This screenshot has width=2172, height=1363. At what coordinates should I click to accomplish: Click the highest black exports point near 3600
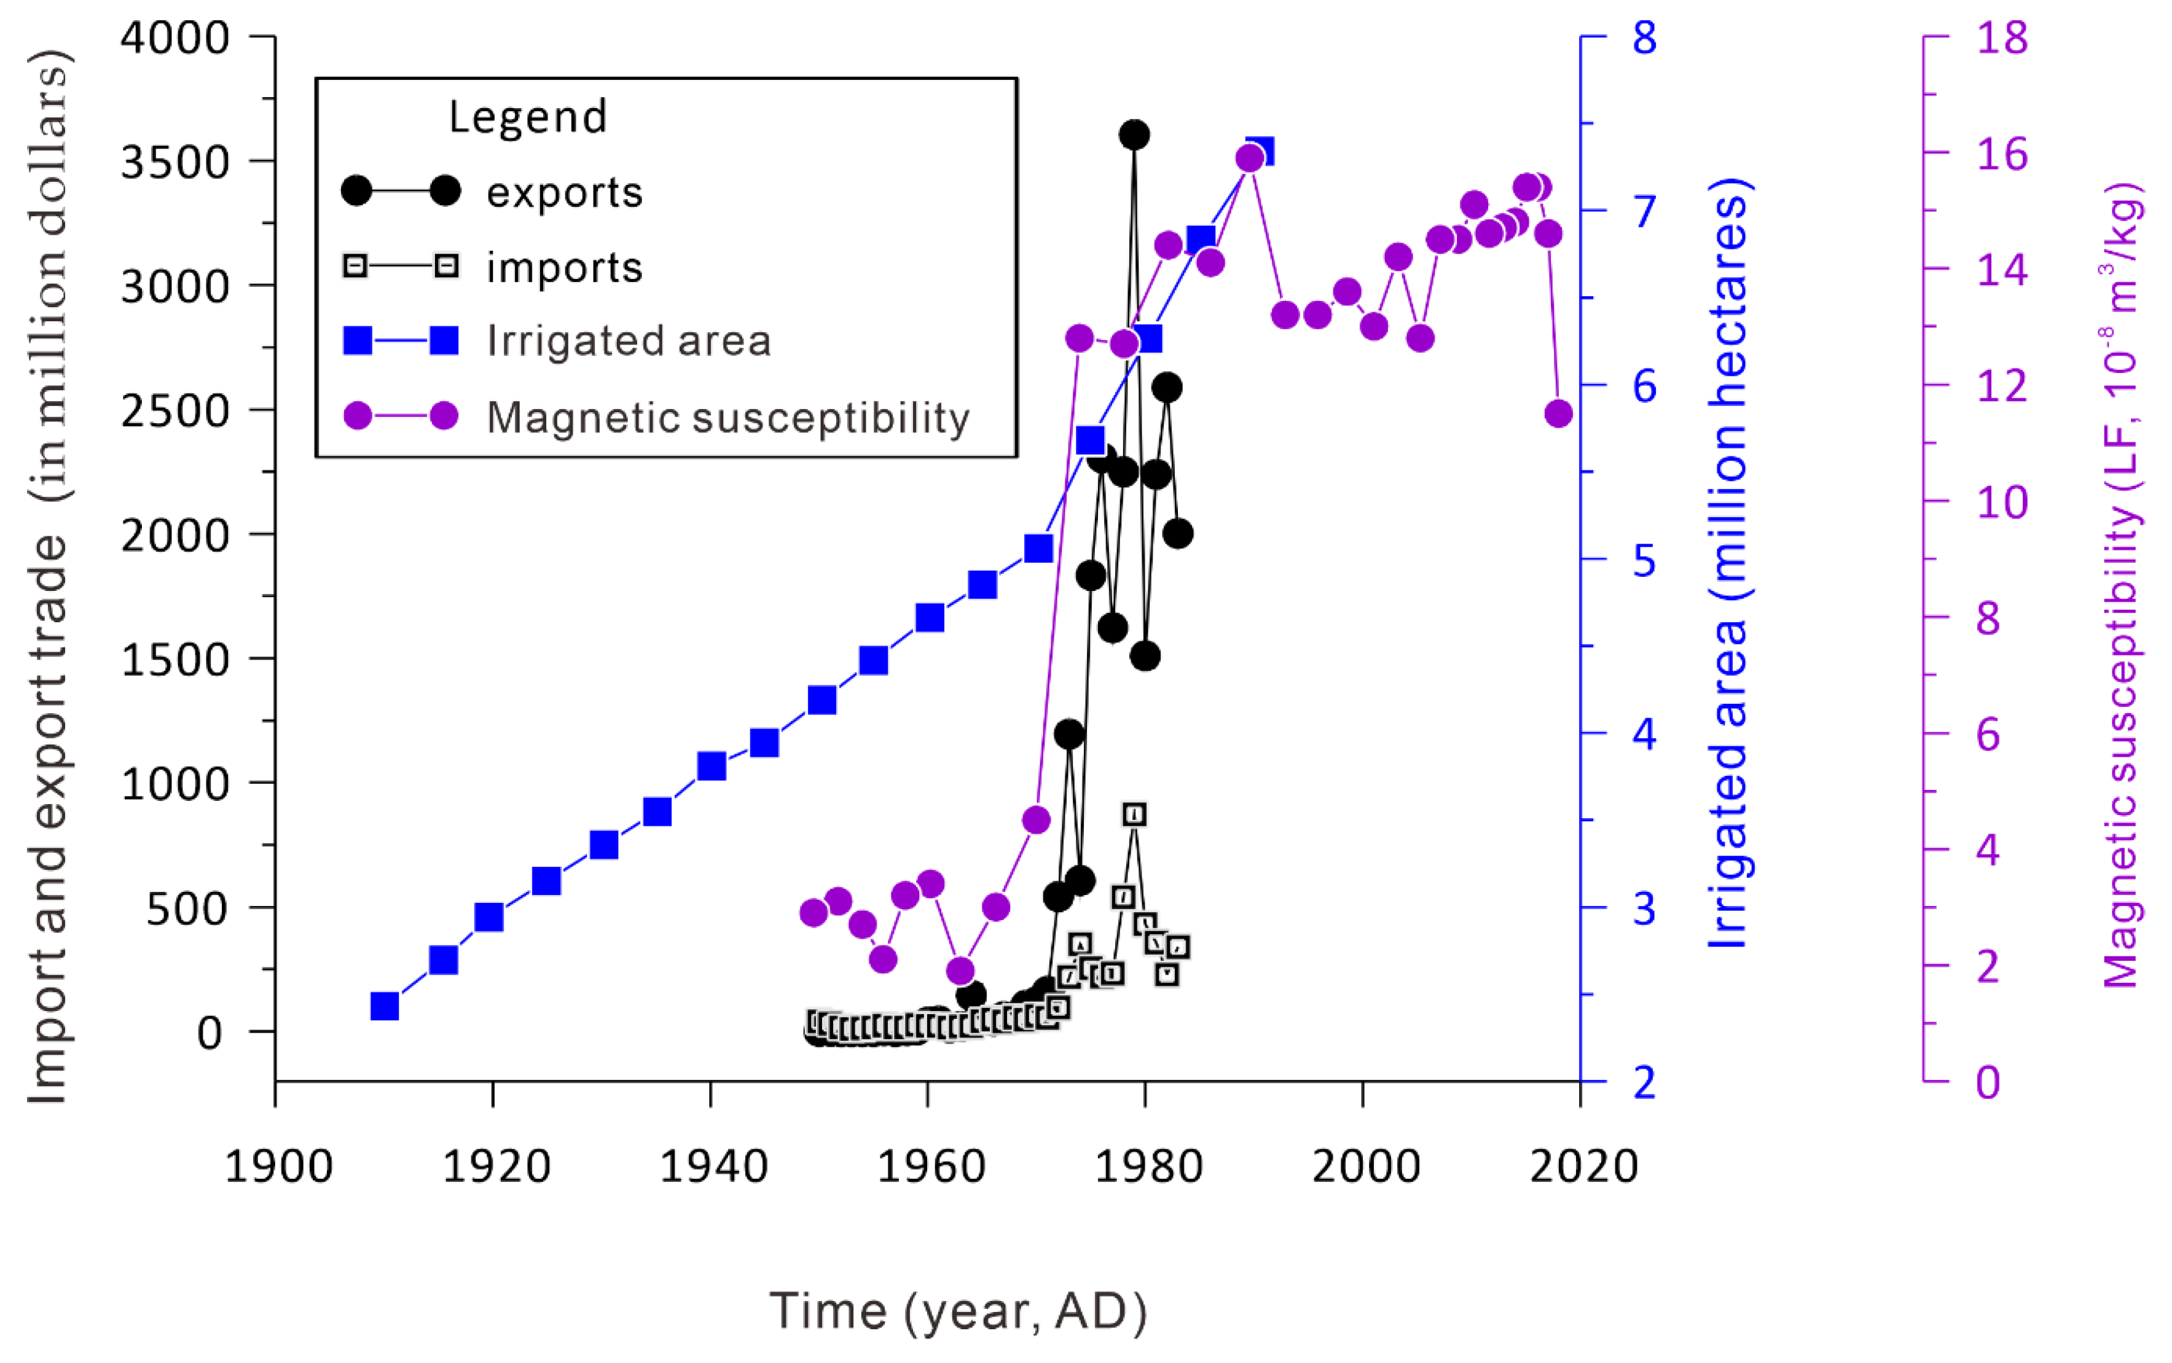1134,135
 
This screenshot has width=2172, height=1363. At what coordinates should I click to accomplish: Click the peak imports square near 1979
1134,814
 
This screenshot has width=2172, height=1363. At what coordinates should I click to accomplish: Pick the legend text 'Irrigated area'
629,341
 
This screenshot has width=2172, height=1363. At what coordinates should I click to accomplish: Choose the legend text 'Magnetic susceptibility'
727,417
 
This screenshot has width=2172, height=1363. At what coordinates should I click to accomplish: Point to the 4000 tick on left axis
175,38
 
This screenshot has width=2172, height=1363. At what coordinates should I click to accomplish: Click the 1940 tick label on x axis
712,1166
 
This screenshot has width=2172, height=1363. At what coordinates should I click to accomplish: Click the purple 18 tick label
2002,38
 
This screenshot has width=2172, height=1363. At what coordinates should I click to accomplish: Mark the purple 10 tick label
2002,502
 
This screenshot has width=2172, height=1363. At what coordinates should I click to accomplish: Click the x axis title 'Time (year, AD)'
957,1311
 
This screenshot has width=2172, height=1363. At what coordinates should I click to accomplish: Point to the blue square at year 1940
712,766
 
